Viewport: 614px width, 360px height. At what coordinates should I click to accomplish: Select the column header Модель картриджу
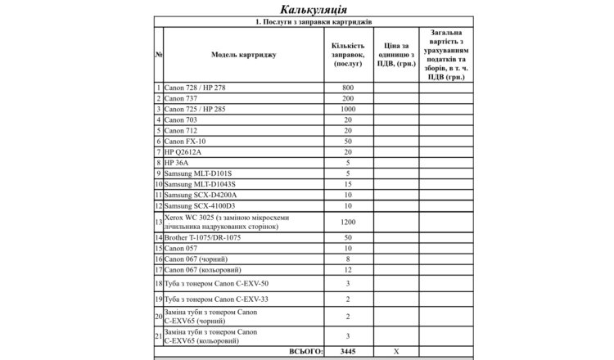point(243,55)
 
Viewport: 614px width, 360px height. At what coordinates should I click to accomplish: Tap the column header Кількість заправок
point(348,55)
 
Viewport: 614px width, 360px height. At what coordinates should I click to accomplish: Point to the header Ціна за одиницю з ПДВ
point(397,55)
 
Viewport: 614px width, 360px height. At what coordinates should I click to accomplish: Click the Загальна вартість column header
point(446,55)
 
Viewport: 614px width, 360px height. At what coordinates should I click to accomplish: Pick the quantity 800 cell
point(348,87)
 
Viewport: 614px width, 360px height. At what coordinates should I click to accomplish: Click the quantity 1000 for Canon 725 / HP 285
point(348,109)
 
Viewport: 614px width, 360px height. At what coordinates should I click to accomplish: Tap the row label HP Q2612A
point(182,151)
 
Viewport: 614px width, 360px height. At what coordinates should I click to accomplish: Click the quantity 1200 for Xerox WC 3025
point(348,222)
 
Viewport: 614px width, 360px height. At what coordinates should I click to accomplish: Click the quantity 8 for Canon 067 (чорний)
point(348,259)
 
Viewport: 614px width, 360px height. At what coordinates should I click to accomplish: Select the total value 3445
point(348,350)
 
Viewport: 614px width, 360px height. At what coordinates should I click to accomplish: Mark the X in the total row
point(397,350)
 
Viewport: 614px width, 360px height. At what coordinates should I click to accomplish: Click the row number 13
point(158,222)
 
